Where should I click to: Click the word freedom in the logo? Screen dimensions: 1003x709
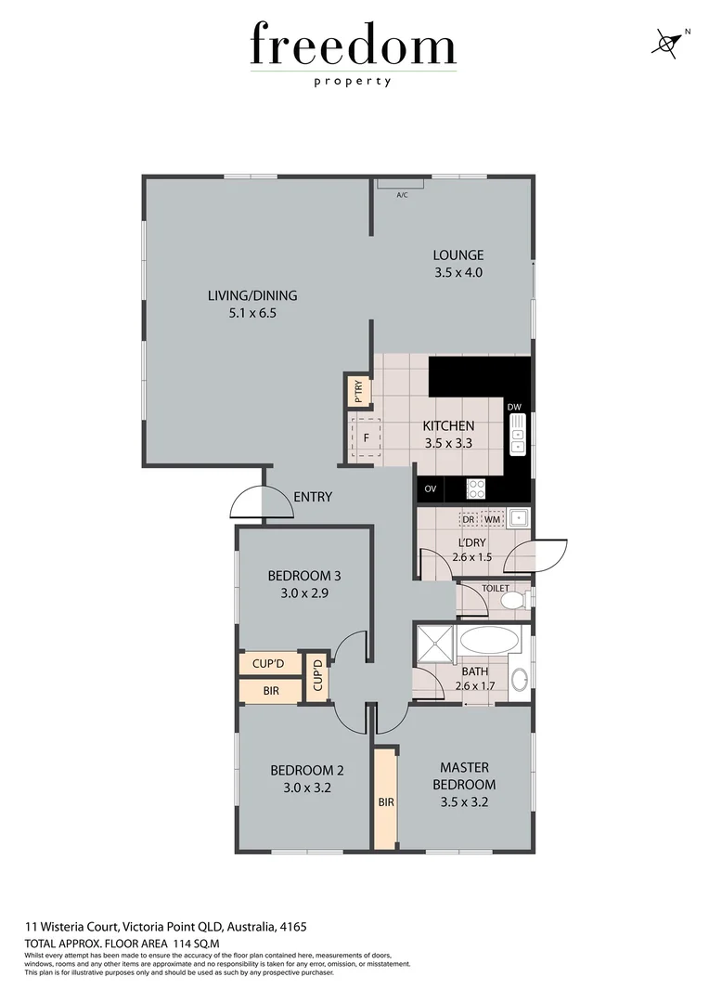click(x=353, y=46)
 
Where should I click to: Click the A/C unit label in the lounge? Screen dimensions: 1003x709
click(x=402, y=195)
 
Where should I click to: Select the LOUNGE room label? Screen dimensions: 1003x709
click(x=458, y=255)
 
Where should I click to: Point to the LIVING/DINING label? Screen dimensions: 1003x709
click(x=252, y=296)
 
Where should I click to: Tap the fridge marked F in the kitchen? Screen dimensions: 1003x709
click(x=367, y=438)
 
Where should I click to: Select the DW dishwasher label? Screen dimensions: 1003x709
click(x=516, y=407)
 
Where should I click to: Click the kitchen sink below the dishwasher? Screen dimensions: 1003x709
click(x=517, y=436)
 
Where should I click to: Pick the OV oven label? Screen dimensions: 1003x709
click(x=430, y=488)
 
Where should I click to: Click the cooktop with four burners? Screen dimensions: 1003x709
click(x=476, y=488)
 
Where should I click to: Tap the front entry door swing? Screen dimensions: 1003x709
click(x=247, y=504)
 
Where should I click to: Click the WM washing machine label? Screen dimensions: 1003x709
click(x=492, y=519)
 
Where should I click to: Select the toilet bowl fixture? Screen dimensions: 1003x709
click(x=512, y=601)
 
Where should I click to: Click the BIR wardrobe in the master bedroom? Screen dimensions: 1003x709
click(x=385, y=801)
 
